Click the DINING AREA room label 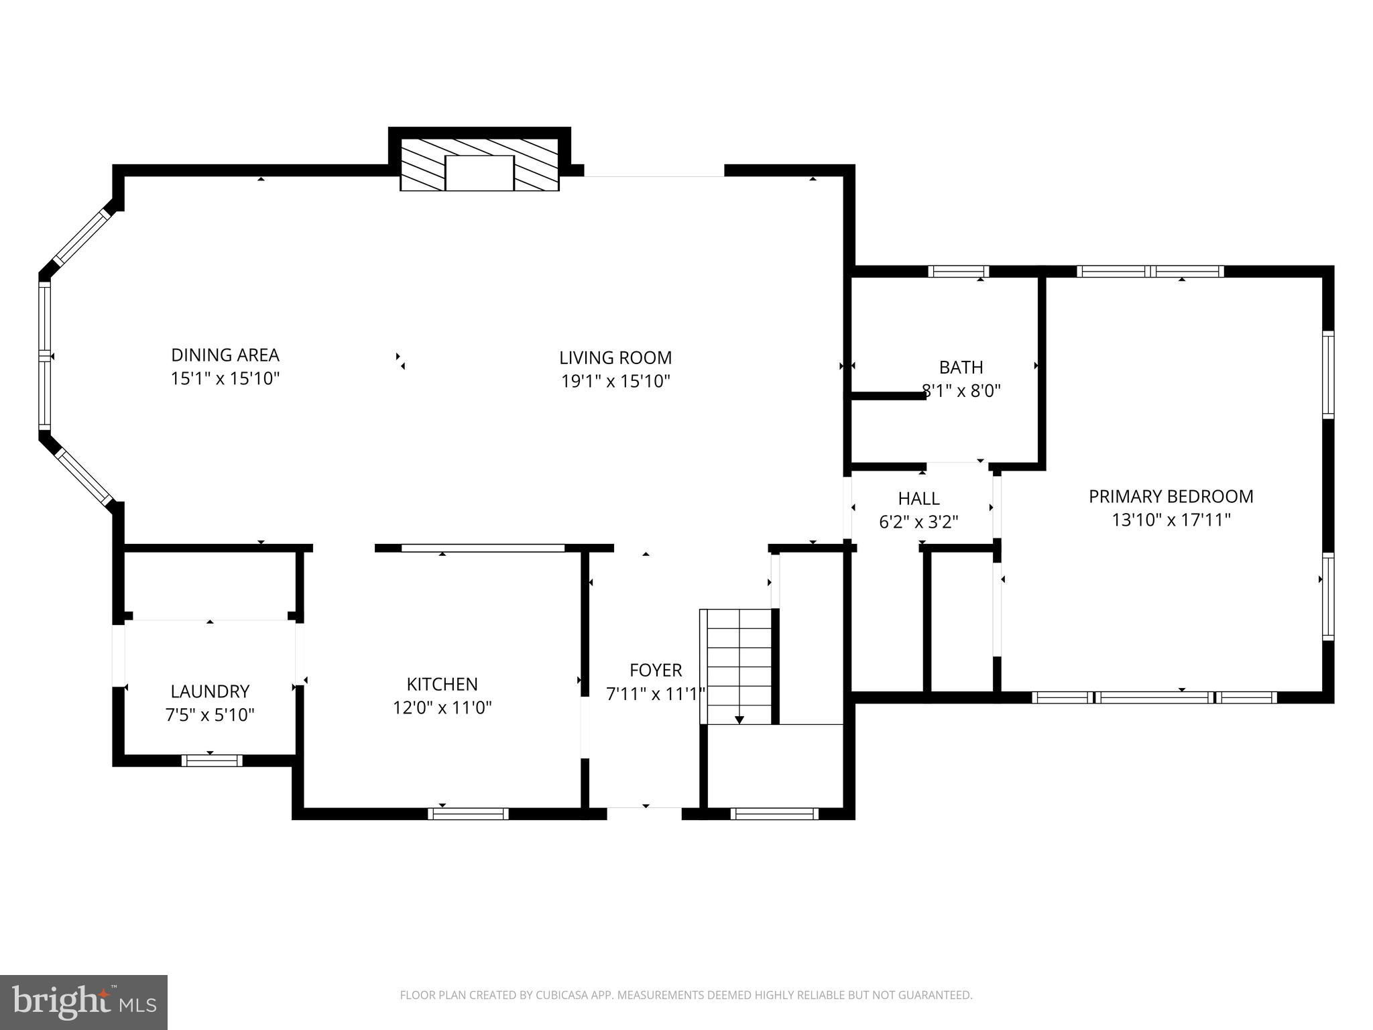(x=225, y=355)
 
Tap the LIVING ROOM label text (x=615, y=357)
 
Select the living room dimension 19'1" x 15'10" (x=615, y=381)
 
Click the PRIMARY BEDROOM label (x=1171, y=496)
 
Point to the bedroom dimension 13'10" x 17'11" (x=1171, y=520)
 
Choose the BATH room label (x=961, y=367)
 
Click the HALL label (x=918, y=498)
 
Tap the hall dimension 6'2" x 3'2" (x=918, y=521)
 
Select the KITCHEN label (x=442, y=684)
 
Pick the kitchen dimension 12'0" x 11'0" (x=442, y=707)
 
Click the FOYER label (x=656, y=670)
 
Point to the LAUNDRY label (x=210, y=691)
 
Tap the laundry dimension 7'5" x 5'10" (x=210, y=715)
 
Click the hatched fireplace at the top (x=479, y=165)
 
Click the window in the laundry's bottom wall (x=212, y=760)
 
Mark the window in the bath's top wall (x=959, y=272)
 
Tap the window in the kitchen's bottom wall (x=468, y=814)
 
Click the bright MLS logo (x=84, y=1002)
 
